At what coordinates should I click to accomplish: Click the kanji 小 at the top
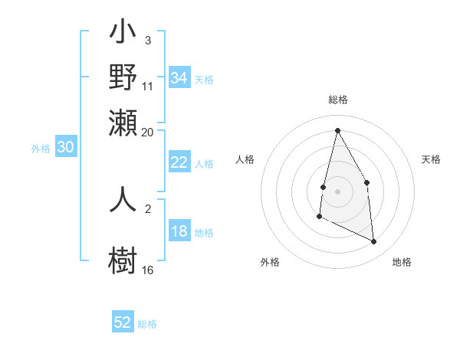(x=123, y=34)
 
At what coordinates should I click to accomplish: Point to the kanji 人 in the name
(x=123, y=198)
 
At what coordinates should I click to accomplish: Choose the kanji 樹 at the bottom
(x=123, y=258)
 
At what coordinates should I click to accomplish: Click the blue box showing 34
(x=179, y=78)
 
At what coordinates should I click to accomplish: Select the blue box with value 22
(x=179, y=162)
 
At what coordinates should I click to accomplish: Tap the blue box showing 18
(x=179, y=232)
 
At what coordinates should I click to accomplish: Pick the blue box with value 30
(x=65, y=148)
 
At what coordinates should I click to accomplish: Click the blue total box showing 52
(x=123, y=322)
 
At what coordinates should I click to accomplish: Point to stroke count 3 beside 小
(x=148, y=39)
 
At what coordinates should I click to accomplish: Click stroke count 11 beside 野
(x=148, y=86)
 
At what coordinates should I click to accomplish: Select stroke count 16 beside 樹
(x=148, y=270)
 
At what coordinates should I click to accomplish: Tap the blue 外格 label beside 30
(x=41, y=149)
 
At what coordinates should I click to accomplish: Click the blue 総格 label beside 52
(x=147, y=324)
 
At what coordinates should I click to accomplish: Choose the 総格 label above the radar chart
(x=337, y=100)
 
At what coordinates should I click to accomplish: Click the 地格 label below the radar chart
(x=402, y=262)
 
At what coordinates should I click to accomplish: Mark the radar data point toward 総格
(x=337, y=129)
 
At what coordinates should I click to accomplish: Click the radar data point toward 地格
(x=374, y=242)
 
